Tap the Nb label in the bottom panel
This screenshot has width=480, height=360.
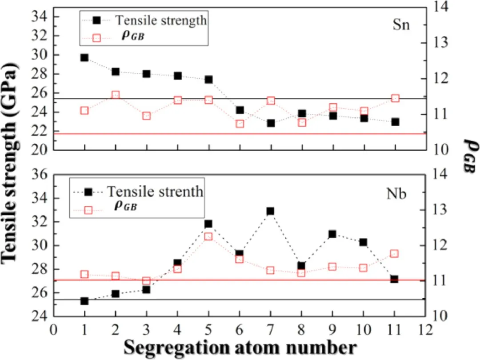396,194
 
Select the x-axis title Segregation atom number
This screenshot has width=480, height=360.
240,347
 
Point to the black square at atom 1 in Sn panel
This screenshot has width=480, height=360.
84,58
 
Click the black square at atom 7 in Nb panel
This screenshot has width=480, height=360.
270,211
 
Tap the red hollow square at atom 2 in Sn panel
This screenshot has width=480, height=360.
116,95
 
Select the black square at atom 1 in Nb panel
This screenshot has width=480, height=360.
84,301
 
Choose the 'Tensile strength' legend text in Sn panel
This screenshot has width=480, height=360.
161,20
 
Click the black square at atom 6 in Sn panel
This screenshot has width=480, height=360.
240,110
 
